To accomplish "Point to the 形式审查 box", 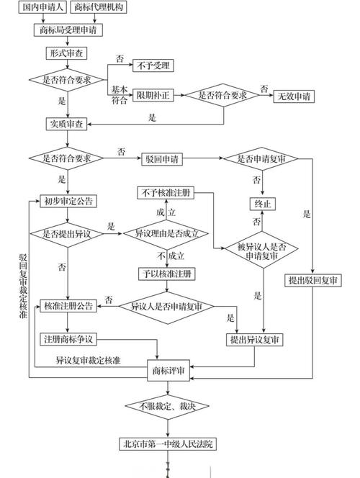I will tap(67, 53).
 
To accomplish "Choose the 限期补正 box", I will tap(153, 96).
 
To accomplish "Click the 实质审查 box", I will tap(67, 124).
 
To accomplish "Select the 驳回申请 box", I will tap(161, 157).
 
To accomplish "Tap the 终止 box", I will tap(262, 204).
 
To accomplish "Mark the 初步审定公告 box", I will tap(67, 200).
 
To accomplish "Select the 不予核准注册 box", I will tap(166, 192).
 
